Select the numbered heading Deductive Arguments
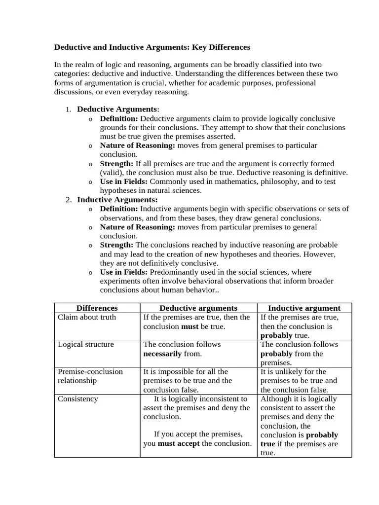coord(117,109)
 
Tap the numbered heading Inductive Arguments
coord(117,200)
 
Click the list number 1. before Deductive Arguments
coord(69,109)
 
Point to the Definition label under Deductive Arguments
coord(119,118)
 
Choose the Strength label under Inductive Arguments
coord(116,245)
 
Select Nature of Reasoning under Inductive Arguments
coord(137,227)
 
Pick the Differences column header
coord(97,308)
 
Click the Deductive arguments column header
coord(198,308)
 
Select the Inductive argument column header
coord(304,308)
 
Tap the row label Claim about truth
coord(87,317)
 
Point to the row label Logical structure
coord(85,344)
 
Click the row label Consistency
coord(78,398)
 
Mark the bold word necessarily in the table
coord(162,354)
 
